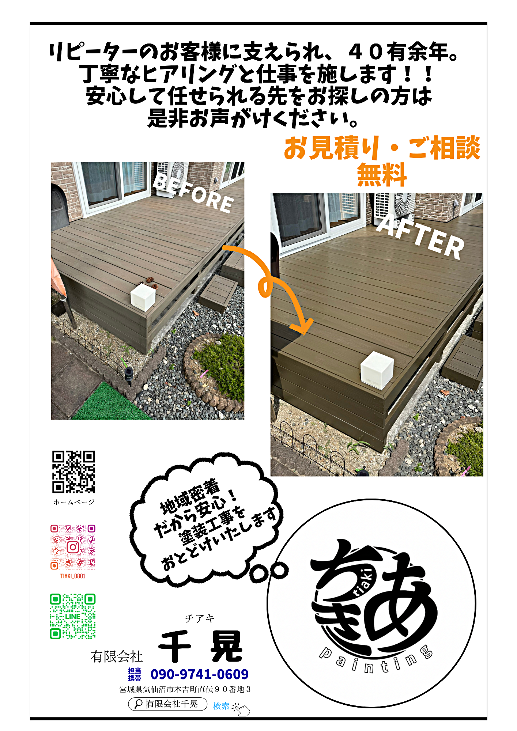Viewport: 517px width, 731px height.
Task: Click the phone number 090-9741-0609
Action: click(x=200, y=674)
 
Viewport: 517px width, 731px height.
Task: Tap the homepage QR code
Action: click(x=73, y=472)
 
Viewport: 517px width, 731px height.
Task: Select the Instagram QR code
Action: click(x=73, y=547)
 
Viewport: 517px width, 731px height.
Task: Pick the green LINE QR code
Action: click(x=73, y=616)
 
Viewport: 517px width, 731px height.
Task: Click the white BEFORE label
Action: click(x=193, y=193)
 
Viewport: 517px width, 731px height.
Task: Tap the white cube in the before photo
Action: click(x=143, y=297)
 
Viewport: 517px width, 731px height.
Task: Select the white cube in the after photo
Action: click(x=377, y=370)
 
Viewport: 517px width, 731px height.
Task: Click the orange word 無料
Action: click(x=382, y=175)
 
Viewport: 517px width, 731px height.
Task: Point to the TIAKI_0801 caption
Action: click(x=73, y=576)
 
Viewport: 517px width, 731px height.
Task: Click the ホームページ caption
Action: click(x=74, y=502)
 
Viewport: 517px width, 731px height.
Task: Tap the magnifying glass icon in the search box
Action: click(x=138, y=704)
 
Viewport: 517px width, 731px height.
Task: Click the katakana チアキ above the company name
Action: click(x=200, y=618)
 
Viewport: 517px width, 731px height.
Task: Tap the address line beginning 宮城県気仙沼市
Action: click(x=185, y=689)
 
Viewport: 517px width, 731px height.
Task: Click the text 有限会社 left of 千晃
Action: click(x=117, y=656)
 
